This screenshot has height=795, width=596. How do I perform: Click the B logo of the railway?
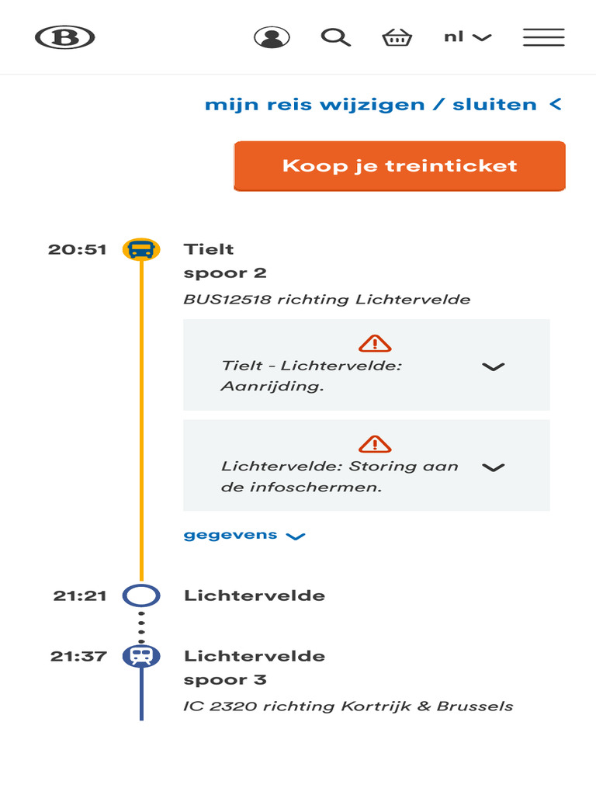tap(65, 37)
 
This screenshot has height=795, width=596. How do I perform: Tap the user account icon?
tap(272, 37)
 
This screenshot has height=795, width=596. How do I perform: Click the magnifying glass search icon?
tap(335, 37)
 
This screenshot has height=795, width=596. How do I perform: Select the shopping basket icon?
tap(397, 37)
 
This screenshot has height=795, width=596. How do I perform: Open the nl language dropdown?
tap(467, 37)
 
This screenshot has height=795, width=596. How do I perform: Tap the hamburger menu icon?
tap(544, 37)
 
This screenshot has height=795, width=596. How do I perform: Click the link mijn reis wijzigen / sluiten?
tap(383, 105)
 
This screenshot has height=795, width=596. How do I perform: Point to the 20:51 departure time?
tap(77, 249)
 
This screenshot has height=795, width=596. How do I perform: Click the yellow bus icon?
tap(141, 249)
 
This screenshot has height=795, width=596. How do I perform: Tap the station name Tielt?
tap(209, 249)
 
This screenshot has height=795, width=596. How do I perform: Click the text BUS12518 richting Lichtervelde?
tap(327, 299)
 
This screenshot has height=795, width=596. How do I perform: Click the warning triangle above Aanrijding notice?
tap(375, 343)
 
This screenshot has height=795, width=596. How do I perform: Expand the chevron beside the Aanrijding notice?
tap(493, 366)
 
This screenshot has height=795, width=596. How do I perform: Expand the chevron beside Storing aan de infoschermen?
tap(493, 467)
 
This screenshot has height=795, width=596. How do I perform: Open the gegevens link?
tap(244, 536)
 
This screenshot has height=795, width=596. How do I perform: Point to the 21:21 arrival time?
tap(80, 595)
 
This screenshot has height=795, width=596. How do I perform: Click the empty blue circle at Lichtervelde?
tap(141, 585)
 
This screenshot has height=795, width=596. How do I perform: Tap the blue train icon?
tap(141, 656)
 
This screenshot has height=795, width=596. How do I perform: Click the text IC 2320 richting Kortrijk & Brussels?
tap(348, 706)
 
